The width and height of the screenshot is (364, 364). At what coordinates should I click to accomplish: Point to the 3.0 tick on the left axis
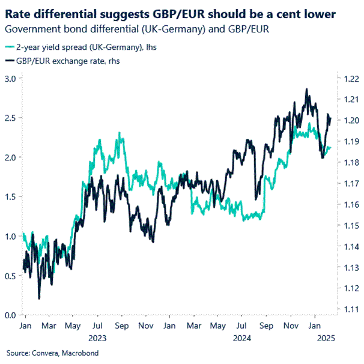pos(10,79)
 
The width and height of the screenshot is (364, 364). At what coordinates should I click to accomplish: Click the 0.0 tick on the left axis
pos(10,315)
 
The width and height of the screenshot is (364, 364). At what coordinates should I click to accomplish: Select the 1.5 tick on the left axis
pos(10,197)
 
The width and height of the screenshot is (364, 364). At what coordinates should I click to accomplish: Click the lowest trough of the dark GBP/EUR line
pos(39,299)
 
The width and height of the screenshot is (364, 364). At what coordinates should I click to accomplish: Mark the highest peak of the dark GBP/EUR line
pos(307,89)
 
